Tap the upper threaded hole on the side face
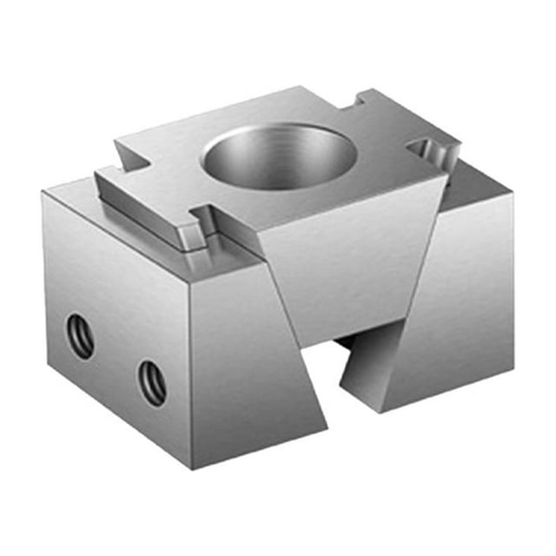(81, 336)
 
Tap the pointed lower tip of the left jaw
(327, 427)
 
